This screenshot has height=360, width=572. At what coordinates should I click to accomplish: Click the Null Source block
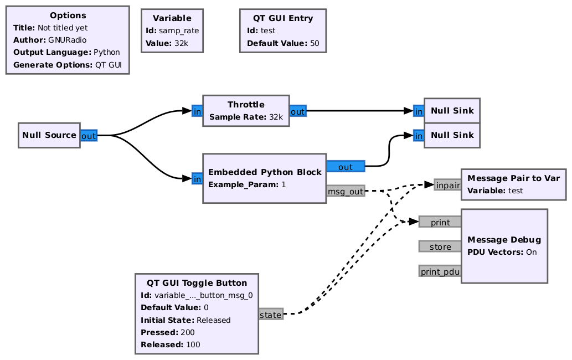click(49, 135)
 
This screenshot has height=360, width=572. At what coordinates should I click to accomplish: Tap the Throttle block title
click(246, 105)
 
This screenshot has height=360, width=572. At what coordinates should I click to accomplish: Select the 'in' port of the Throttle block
click(197, 111)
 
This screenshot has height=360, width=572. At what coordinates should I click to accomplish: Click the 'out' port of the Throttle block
click(297, 111)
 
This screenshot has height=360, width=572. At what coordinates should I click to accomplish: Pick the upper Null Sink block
click(452, 111)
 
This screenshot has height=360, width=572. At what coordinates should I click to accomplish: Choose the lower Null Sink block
click(452, 135)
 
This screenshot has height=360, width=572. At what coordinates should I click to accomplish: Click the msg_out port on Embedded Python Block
click(346, 191)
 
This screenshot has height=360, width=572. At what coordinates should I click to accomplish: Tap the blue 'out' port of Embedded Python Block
click(346, 167)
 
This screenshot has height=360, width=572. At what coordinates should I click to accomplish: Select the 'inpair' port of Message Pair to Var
click(447, 185)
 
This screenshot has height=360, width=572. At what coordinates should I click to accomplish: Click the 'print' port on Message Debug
click(440, 222)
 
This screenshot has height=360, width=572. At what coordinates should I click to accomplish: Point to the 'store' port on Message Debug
click(440, 246)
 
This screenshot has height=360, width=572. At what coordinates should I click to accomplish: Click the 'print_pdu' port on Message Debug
click(440, 271)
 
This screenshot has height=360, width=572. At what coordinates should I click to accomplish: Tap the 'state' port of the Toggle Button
click(271, 315)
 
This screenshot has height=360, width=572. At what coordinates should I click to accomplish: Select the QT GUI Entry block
click(282, 30)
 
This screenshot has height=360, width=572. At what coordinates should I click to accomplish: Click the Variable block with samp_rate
click(172, 30)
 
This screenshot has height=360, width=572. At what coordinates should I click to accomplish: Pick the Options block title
click(68, 16)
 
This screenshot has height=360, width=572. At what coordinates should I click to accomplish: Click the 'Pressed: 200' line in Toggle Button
click(164, 332)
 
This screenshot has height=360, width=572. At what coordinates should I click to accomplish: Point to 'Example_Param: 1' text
click(247, 184)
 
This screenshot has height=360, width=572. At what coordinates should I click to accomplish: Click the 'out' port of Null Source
click(89, 136)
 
